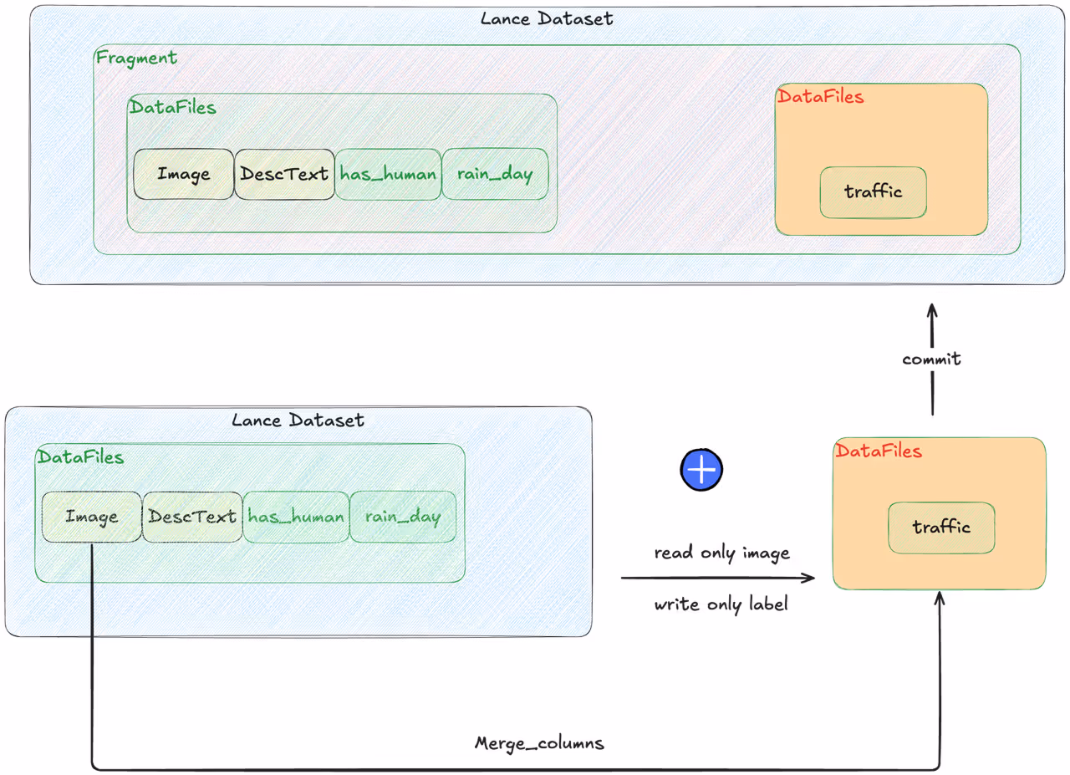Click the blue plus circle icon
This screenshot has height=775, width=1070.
click(x=701, y=470)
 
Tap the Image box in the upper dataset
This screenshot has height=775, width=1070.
click(x=184, y=174)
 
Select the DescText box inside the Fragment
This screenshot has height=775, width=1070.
click(x=285, y=174)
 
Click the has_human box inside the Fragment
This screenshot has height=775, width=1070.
click(x=388, y=174)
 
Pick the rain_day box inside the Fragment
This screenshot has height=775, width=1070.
click(x=495, y=174)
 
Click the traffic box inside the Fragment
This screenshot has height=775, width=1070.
click(x=874, y=192)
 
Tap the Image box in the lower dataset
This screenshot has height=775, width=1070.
click(x=92, y=517)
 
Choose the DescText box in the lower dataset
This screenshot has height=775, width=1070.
click(x=192, y=517)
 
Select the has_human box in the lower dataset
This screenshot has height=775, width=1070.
click(x=296, y=517)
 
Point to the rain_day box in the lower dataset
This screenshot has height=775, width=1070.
click(x=403, y=517)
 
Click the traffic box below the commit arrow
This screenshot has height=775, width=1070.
click(x=941, y=528)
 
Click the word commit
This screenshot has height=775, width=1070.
click(x=931, y=359)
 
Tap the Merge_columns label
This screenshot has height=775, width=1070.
click(x=539, y=744)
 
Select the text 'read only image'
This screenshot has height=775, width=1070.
click(x=721, y=553)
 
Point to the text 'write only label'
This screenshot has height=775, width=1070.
click(x=721, y=604)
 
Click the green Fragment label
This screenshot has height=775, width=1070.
click(x=136, y=59)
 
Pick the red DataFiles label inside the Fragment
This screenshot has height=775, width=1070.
click(x=821, y=96)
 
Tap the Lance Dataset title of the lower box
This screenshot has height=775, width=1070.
click(x=298, y=421)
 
